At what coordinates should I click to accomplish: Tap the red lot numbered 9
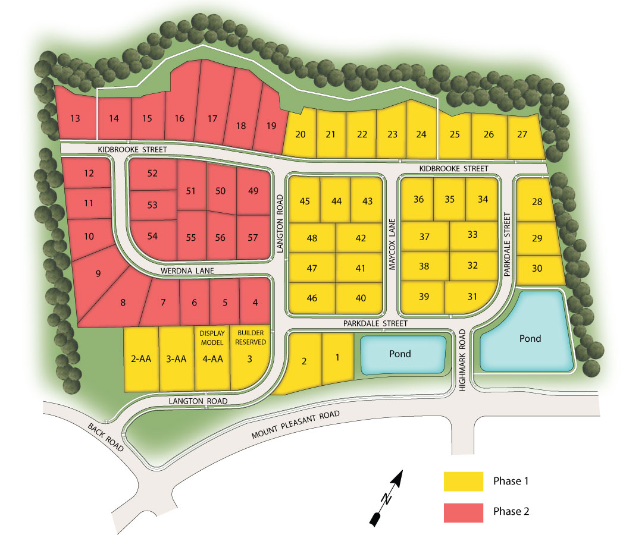tap(98, 274)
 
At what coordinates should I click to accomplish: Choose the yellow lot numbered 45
tap(305, 200)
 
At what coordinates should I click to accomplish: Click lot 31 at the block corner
tap(472, 296)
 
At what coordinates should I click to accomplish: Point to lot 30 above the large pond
tap(537, 268)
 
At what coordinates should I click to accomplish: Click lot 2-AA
tap(141, 359)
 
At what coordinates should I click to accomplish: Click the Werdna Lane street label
tap(186, 271)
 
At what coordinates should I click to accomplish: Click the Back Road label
tap(105, 438)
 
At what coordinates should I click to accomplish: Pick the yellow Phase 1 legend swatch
tap(463, 481)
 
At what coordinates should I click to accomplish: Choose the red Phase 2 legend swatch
tap(463, 511)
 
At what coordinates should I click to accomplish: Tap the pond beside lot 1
tap(400, 354)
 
